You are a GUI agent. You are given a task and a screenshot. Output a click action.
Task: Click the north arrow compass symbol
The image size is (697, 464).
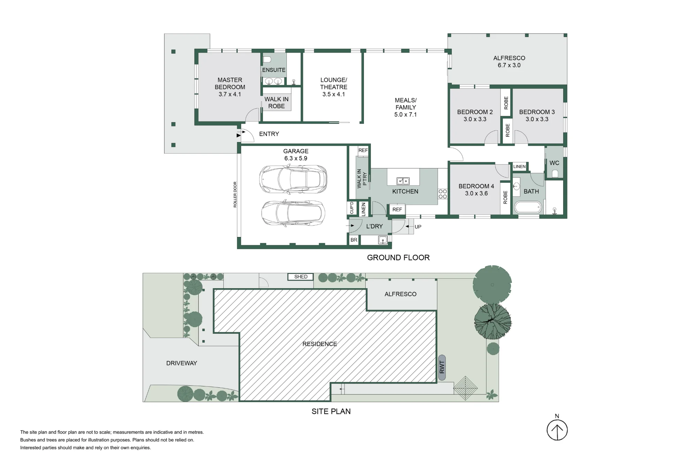[557, 430]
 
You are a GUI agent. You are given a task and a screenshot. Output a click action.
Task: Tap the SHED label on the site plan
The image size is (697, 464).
[301, 277]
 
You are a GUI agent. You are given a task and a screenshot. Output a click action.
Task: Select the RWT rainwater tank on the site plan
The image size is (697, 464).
[442, 367]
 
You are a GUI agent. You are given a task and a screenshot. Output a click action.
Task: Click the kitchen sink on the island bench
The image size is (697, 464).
[403, 181]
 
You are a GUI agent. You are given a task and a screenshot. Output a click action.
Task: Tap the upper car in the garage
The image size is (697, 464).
[293, 179]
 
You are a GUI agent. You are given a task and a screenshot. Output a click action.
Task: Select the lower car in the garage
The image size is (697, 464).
[293, 213]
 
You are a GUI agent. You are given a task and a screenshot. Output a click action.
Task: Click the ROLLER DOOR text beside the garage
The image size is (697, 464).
[235, 195]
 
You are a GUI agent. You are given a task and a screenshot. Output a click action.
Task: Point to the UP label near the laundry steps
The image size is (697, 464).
[418, 227]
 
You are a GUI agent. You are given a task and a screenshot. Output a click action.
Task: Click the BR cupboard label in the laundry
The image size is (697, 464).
[354, 240]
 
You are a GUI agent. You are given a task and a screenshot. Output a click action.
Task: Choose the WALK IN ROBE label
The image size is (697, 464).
[276, 103]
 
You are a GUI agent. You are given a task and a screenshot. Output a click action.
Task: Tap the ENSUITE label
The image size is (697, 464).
[274, 70]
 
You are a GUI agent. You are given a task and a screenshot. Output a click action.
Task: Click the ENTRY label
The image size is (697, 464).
[269, 134]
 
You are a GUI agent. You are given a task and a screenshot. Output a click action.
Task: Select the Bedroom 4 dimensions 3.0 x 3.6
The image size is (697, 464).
[476, 194]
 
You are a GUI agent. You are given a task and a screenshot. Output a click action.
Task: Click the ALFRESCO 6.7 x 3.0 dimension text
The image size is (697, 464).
[509, 65]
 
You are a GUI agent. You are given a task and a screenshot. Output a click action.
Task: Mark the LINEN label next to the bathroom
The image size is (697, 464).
[519, 167]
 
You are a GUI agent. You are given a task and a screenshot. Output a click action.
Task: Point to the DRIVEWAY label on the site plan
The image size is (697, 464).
[182, 363]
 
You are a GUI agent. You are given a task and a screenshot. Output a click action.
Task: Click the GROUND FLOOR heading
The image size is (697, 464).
[398, 258]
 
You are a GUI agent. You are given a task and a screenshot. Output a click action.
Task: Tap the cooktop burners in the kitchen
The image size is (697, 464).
[443, 194]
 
